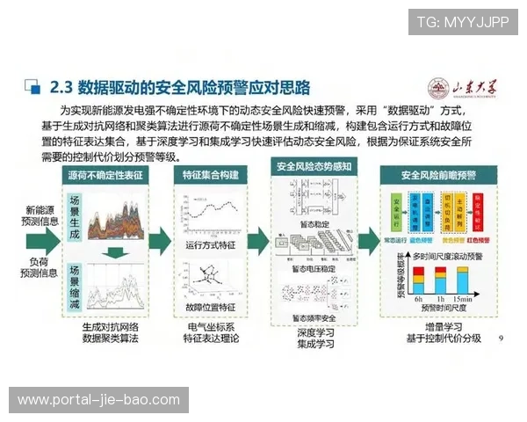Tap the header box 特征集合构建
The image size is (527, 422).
tap(210, 176)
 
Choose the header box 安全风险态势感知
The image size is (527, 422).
tap(314, 166)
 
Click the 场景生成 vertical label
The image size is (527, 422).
tap(75, 214)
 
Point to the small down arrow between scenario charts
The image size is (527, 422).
tap(113, 254)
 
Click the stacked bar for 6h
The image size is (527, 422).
tap(420, 282)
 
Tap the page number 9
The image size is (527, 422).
tap(501, 337)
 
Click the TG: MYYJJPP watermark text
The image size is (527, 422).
tap(462, 21)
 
